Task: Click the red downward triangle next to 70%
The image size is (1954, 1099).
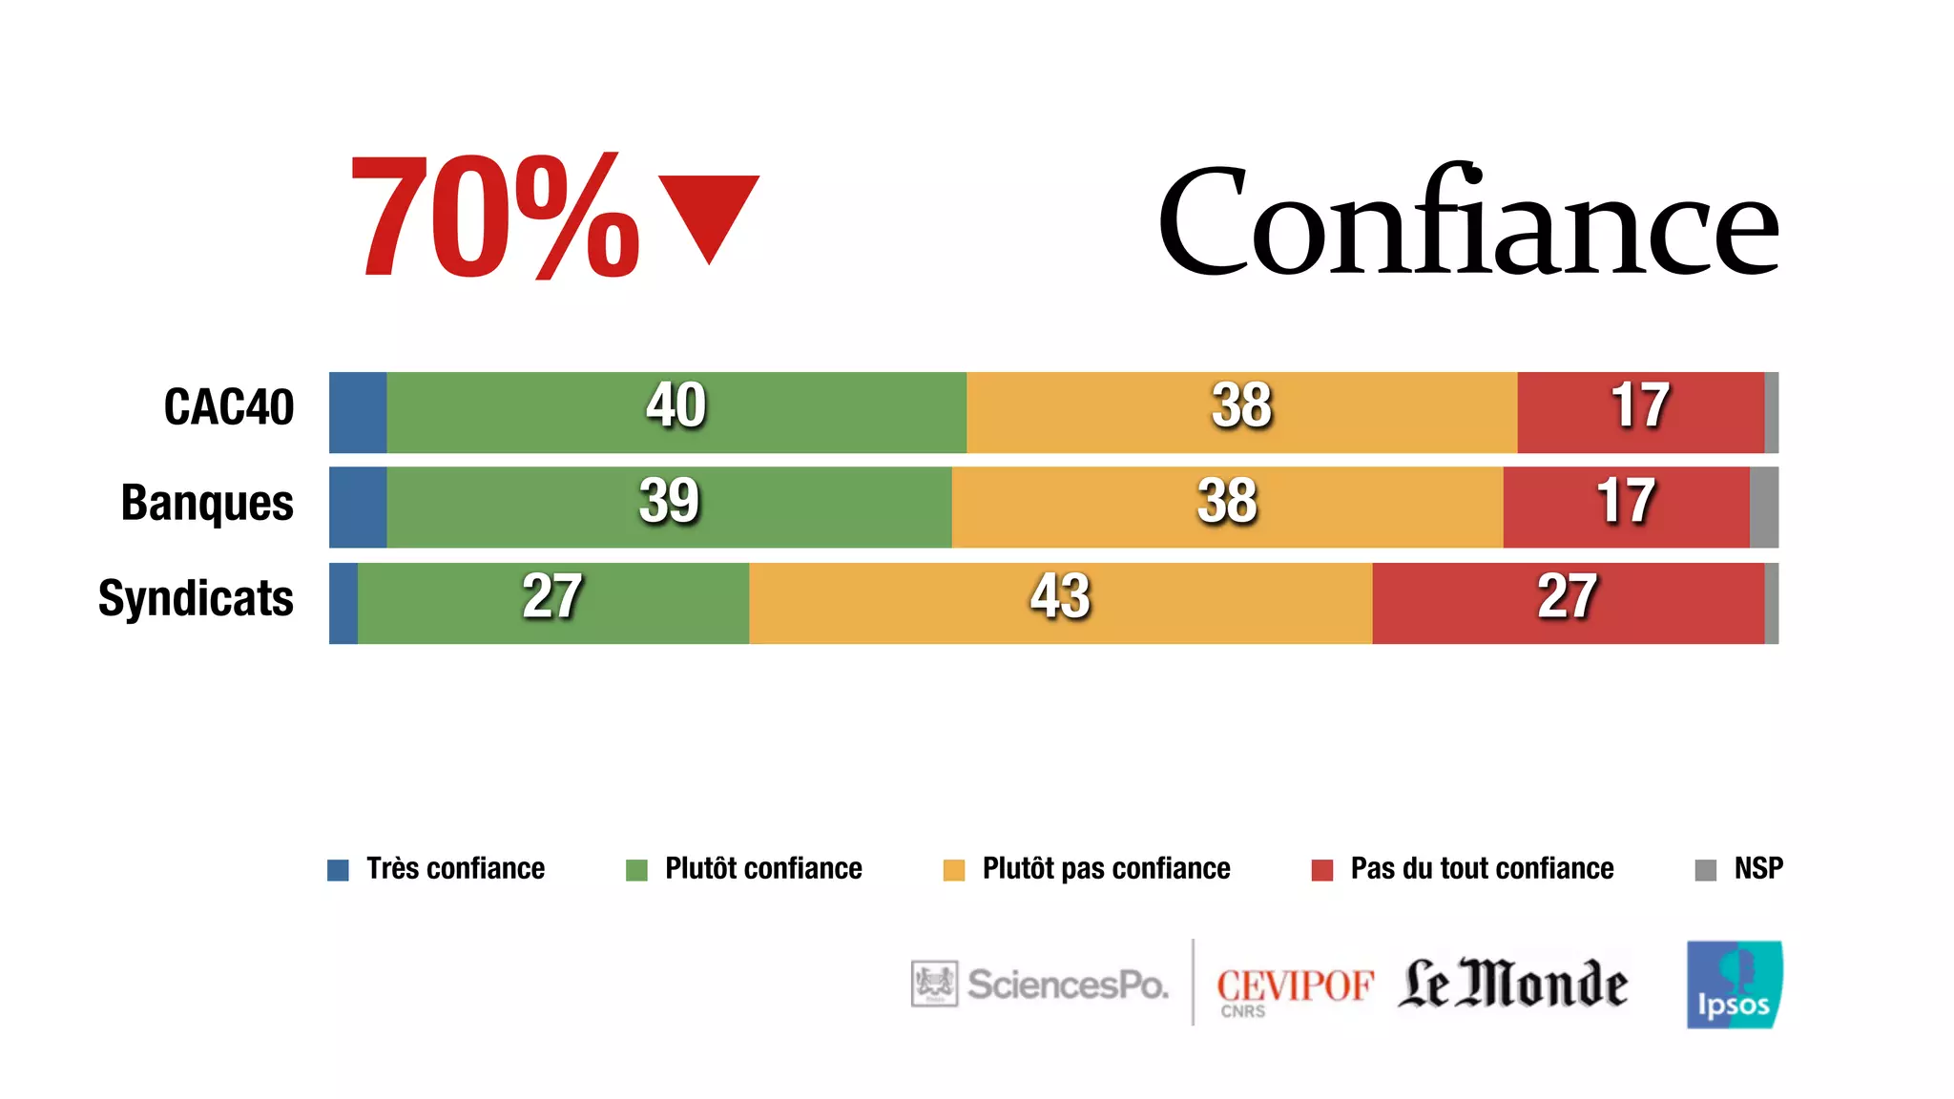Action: click(709, 212)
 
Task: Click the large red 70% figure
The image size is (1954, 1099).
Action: click(494, 218)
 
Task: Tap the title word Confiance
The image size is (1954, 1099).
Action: click(1467, 221)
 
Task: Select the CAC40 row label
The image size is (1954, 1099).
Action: click(229, 407)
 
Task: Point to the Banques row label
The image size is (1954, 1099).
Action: click(207, 503)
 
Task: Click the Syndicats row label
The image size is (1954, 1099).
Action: click(196, 599)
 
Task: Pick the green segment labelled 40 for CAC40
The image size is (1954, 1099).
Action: click(676, 412)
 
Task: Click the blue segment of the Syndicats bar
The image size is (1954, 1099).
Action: click(343, 603)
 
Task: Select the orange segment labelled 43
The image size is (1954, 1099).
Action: click(1059, 603)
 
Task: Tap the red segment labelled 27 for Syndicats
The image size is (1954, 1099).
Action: click(1567, 603)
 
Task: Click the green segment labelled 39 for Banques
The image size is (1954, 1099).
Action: click(668, 508)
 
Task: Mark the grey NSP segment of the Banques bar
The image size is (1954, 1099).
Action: click(1763, 508)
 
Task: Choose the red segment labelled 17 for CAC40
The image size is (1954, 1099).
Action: click(1639, 412)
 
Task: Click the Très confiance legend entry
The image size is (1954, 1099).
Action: click(437, 869)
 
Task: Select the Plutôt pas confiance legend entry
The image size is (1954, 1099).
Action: click(1088, 869)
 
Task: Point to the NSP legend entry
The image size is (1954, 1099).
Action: click(1739, 869)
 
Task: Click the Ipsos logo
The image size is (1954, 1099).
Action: click(1734, 985)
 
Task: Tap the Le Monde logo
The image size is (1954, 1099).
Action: click(1512, 985)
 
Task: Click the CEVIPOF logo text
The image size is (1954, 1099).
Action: click(1294, 987)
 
